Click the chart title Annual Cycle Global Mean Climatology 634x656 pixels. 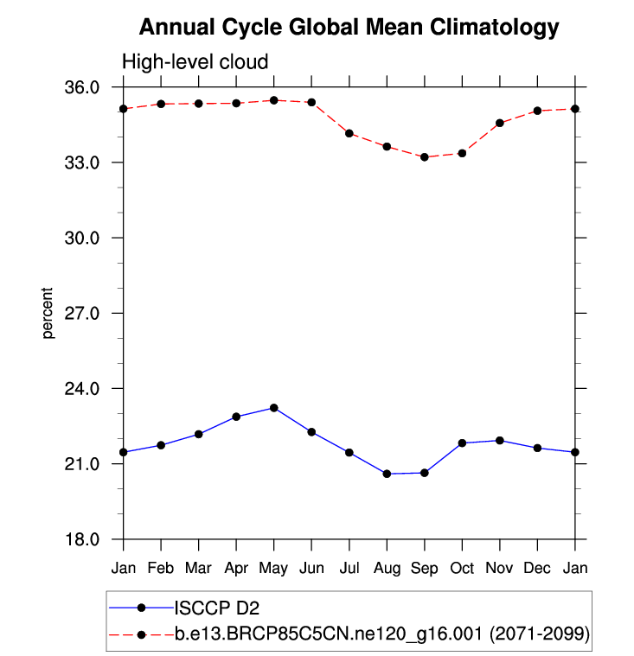[x=349, y=28]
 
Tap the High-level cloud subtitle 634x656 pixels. [x=195, y=62]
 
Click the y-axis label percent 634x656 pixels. [x=48, y=312]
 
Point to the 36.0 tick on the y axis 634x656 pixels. [x=84, y=87]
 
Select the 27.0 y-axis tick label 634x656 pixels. [x=84, y=313]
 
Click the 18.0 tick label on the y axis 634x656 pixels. [x=84, y=539]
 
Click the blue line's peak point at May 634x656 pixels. [x=273, y=407]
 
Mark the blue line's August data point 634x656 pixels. [x=387, y=474]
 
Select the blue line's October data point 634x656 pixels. [x=462, y=443]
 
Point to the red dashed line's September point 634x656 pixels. [x=424, y=157]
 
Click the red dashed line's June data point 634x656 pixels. [x=311, y=102]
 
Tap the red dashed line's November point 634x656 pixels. [x=499, y=123]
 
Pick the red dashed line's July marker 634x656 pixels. [x=349, y=133]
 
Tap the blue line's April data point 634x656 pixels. [x=236, y=417]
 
